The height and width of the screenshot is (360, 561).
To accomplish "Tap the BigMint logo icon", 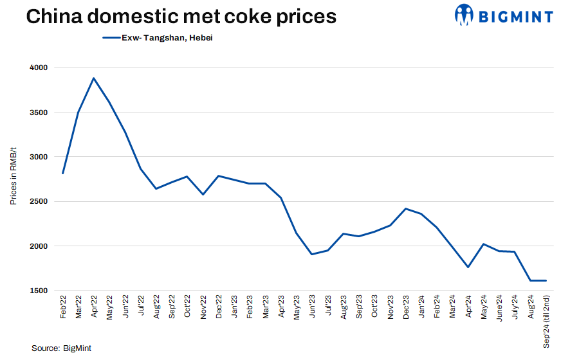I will pos(464,14).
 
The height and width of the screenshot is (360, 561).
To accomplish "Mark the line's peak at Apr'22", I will pos(94,78).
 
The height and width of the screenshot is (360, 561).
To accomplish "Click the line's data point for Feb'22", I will pos(63,174).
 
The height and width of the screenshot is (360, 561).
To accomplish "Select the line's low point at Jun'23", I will pos(312,255).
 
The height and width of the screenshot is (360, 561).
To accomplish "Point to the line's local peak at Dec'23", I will pos(405,209).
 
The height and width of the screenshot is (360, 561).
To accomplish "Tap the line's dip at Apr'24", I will pos(468,267).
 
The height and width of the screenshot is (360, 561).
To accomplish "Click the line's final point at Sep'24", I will pos(546,280).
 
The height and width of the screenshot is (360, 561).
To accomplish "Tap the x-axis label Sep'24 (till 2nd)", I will pos(546,321).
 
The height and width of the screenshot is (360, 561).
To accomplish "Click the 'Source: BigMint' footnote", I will pos(61,348).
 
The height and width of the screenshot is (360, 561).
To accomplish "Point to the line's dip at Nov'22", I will pos(203,194).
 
